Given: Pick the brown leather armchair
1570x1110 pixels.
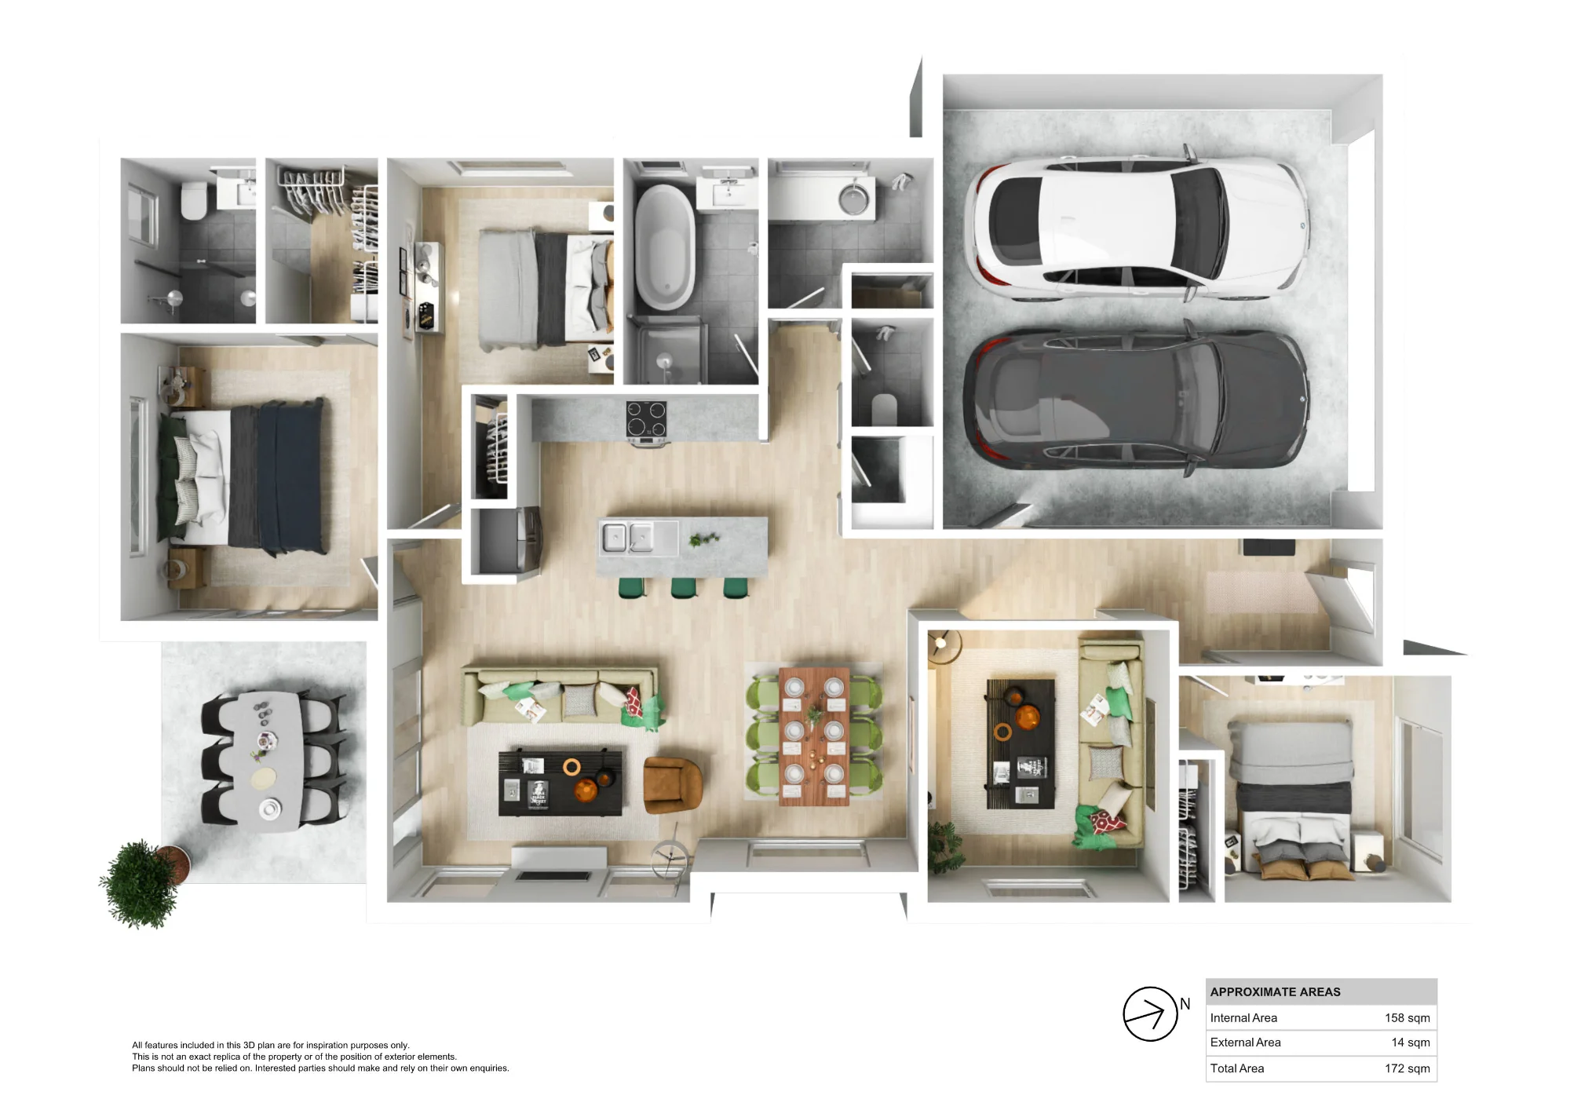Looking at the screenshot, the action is coord(672,784).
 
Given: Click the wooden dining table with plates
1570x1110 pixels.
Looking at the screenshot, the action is coord(814,736).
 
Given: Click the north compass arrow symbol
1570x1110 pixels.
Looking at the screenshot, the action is coord(1150,1013).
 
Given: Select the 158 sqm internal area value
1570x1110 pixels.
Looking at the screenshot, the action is coord(1407,1018).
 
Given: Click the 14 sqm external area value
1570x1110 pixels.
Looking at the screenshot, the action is coord(1410,1042).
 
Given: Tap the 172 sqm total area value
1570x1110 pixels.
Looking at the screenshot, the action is coord(1407,1068).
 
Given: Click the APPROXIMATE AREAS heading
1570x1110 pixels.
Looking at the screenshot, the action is coord(1275,992).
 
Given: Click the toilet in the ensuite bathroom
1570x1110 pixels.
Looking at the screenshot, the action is coord(193,201).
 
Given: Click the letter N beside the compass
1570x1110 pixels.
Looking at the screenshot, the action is coord(1185,1004).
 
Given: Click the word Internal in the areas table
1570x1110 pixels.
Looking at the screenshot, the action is coord(1229,1018).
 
